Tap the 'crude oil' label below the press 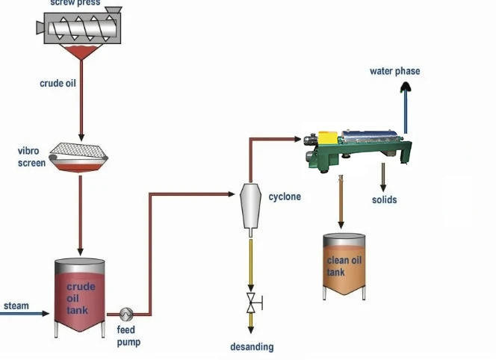point(58,84)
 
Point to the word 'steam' point(16,305)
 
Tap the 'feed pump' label point(128,336)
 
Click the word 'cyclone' point(285,197)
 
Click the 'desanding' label point(252,347)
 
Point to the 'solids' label point(384,200)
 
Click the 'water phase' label point(394,72)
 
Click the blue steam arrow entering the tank point(30,314)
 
